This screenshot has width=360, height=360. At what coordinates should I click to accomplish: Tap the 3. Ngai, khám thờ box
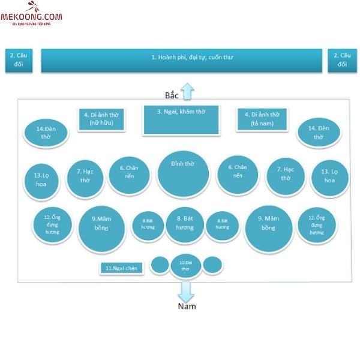[181, 119]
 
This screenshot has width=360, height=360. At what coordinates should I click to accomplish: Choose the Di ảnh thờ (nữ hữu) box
[101, 119]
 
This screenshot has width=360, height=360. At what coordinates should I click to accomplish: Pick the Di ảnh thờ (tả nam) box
[262, 119]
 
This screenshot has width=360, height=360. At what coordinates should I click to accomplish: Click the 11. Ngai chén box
[122, 268]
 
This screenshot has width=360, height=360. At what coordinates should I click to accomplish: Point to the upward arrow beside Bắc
[187, 91]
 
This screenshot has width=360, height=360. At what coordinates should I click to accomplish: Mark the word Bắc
[172, 95]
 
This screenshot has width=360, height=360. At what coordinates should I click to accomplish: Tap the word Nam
[187, 307]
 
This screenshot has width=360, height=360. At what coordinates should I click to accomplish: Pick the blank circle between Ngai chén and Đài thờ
[159, 265]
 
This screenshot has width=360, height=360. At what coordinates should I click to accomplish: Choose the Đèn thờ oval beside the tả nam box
[319, 132]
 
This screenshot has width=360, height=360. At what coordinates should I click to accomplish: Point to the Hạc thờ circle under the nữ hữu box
[85, 178]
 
